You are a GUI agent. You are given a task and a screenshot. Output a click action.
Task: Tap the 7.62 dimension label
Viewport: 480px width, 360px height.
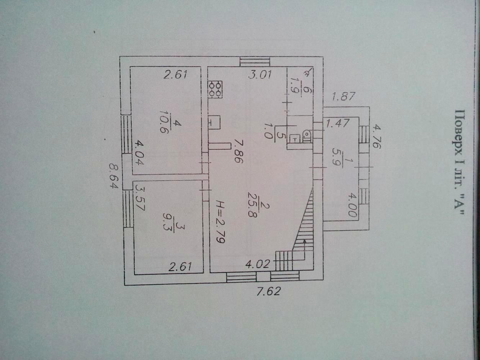[269, 291]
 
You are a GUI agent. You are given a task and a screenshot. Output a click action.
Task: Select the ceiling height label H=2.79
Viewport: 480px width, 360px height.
[220, 222]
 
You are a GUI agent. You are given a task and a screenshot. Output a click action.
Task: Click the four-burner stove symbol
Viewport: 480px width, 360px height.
[215, 90]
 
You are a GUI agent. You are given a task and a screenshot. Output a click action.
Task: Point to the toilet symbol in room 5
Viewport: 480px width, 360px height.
[307, 135]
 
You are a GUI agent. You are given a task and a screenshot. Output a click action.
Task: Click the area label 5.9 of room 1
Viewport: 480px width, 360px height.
[337, 157]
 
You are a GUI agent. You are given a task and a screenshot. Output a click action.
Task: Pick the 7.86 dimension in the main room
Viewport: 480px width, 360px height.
[239, 151]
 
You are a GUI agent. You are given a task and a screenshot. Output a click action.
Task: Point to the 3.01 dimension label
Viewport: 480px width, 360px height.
[260, 75]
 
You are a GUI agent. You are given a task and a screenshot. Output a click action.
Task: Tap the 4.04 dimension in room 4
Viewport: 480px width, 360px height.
[139, 153]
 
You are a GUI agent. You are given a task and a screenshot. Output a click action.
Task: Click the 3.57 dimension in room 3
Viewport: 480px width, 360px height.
[140, 198]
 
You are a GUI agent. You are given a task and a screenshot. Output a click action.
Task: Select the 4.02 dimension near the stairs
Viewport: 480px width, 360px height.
[257, 264]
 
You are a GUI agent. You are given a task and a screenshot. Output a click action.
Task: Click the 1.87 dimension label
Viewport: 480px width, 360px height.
[344, 96]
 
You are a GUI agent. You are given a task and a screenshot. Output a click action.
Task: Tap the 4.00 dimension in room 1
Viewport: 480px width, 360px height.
[353, 205]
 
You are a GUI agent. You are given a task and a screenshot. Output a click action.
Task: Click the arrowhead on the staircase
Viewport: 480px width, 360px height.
[304, 241]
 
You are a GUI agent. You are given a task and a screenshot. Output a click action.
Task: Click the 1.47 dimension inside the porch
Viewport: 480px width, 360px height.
[338, 123]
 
